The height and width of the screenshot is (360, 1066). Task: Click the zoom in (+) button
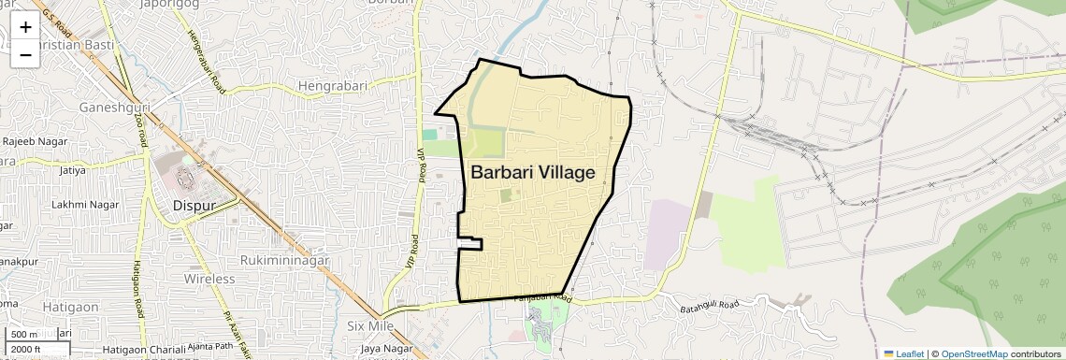tap(25, 28)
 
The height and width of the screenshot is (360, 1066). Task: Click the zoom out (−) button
tap(25, 54)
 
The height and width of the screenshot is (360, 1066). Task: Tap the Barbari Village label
tap(532, 173)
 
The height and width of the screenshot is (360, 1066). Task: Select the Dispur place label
tap(194, 206)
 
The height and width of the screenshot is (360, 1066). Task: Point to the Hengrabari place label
tap(335, 85)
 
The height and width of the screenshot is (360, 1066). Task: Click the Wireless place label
tap(209, 279)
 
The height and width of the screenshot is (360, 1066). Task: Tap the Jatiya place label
tap(72, 170)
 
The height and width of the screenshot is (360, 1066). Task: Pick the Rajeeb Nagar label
tap(33, 140)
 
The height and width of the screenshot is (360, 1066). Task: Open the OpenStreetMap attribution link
tap(974, 353)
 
